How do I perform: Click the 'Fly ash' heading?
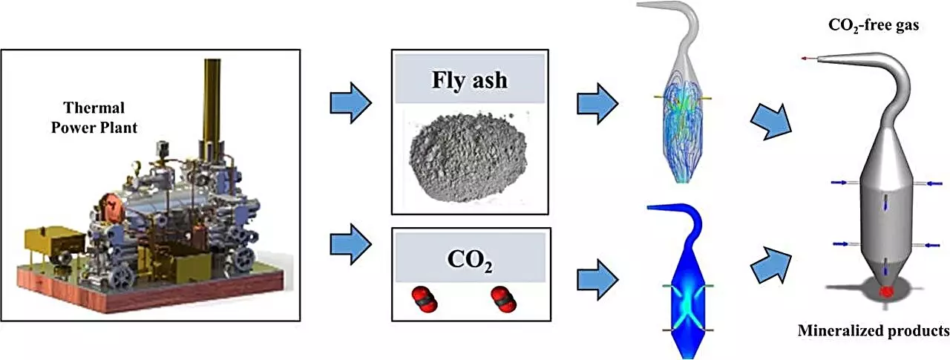(x=470, y=79)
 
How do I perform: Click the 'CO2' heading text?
(x=469, y=262)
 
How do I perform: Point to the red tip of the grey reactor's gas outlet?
(x=806, y=58)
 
